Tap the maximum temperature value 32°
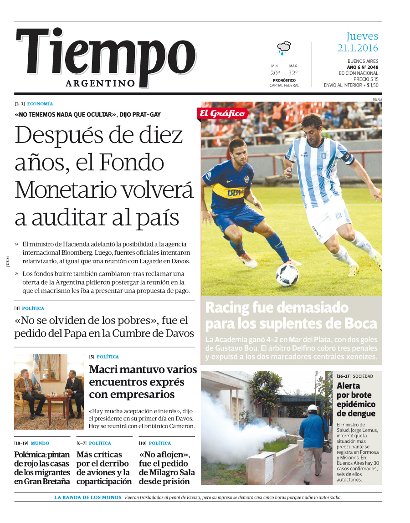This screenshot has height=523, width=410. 292,73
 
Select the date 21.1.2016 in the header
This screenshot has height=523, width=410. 358,48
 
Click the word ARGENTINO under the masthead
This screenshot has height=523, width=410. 100,83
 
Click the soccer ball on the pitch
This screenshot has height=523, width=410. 287,275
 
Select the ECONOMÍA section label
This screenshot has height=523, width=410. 40,104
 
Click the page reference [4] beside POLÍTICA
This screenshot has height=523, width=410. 17,308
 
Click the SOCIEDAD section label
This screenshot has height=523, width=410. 363,376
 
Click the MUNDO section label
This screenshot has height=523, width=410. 40,443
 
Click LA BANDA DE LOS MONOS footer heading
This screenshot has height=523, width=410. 88,497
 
